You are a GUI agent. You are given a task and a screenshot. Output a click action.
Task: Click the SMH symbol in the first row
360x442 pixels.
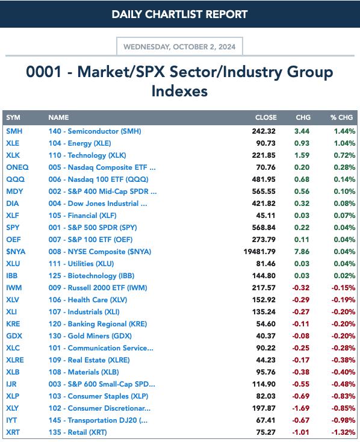(x=14, y=131)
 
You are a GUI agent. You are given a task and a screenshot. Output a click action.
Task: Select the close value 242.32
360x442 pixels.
(x=264, y=131)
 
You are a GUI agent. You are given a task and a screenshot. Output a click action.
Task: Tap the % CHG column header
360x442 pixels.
(x=341, y=117)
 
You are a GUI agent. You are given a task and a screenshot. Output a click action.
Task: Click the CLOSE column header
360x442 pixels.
(x=266, y=117)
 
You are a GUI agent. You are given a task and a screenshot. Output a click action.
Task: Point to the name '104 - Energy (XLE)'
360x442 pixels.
(x=79, y=143)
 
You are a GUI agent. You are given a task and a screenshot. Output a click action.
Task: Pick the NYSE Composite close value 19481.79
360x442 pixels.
(x=259, y=252)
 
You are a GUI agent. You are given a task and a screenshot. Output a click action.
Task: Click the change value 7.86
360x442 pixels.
(x=302, y=252)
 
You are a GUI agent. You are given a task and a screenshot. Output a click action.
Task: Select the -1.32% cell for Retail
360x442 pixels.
(x=343, y=432)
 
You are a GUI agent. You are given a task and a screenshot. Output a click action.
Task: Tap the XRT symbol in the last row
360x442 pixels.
(x=13, y=432)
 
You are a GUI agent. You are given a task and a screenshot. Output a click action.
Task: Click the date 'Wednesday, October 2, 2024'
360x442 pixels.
(x=179, y=46)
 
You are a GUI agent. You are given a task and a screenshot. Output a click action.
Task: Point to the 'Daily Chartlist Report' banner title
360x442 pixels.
(x=179, y=14)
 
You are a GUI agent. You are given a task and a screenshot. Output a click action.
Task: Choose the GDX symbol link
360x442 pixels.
(x=14, y=336)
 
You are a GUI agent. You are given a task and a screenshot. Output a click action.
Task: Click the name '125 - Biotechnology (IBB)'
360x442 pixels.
(x=92, y=276)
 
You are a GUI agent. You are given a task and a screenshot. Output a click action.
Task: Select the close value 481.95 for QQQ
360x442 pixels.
(x=264, y=179)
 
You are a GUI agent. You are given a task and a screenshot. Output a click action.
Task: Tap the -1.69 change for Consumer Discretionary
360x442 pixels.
(x=301, y=408)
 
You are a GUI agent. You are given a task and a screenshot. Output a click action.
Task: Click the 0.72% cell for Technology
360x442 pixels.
(x=344, y=155)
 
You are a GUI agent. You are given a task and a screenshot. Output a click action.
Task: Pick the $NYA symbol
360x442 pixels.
(x=16, y=252)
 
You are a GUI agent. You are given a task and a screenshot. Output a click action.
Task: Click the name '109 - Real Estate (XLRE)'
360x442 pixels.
(x=89, y=360)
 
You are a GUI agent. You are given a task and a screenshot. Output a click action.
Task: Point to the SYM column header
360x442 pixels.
(x=13, y=117)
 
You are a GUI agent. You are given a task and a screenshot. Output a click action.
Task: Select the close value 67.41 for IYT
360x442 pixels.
(x=265, y=420)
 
